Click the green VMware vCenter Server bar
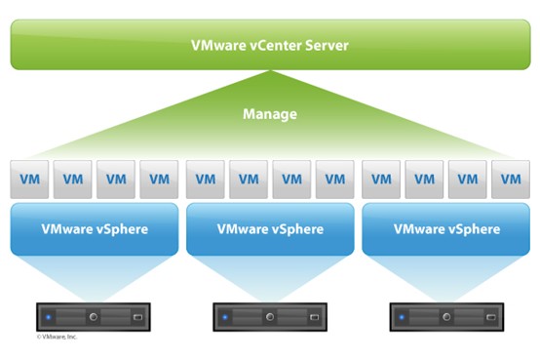(x=270, y=44)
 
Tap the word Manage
(x=270, y=114)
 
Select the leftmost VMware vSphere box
(x=95, y=229)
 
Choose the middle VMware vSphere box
(x=270, y=229)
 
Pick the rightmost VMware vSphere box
(x=446, y=229)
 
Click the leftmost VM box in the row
(x=28, y=180)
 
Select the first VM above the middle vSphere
(x=206, y=180)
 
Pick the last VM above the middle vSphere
(x=335, y=180)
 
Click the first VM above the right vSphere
(x=382, y=180)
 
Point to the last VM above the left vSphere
(x=159, y=180)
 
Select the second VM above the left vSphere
(x=72, y=180)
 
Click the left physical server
(x=95, y=317)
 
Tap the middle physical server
(x=270, y=317)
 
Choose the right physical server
(x=446, y=317)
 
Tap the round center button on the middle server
(x=270, y=317)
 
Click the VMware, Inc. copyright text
(x=57, y=338)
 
